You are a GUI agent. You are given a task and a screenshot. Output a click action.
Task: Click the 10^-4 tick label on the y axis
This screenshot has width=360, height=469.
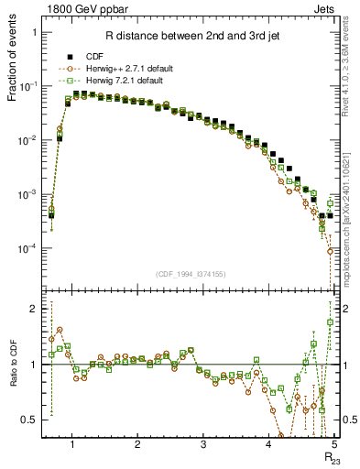30,248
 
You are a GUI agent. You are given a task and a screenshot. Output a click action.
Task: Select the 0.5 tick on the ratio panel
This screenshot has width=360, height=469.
31,420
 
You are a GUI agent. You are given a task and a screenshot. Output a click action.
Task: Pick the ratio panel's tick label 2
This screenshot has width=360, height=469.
36,309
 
